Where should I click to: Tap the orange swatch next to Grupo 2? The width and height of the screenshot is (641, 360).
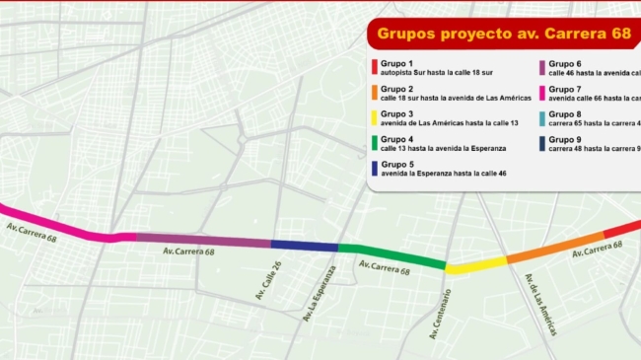pos(373,93)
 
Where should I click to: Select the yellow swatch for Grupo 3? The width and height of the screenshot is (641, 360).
pos(373,117)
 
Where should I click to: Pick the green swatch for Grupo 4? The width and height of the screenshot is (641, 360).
pos(373,142)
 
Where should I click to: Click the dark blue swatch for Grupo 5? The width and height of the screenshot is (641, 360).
pos(373,168)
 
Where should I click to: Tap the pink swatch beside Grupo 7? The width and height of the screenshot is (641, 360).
pos(541,93)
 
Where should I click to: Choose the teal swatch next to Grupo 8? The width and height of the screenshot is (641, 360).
pos(541,117)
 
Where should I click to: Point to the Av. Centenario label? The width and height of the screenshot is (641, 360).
pos(441,314)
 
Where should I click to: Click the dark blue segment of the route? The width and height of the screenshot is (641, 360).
pos(304,245)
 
